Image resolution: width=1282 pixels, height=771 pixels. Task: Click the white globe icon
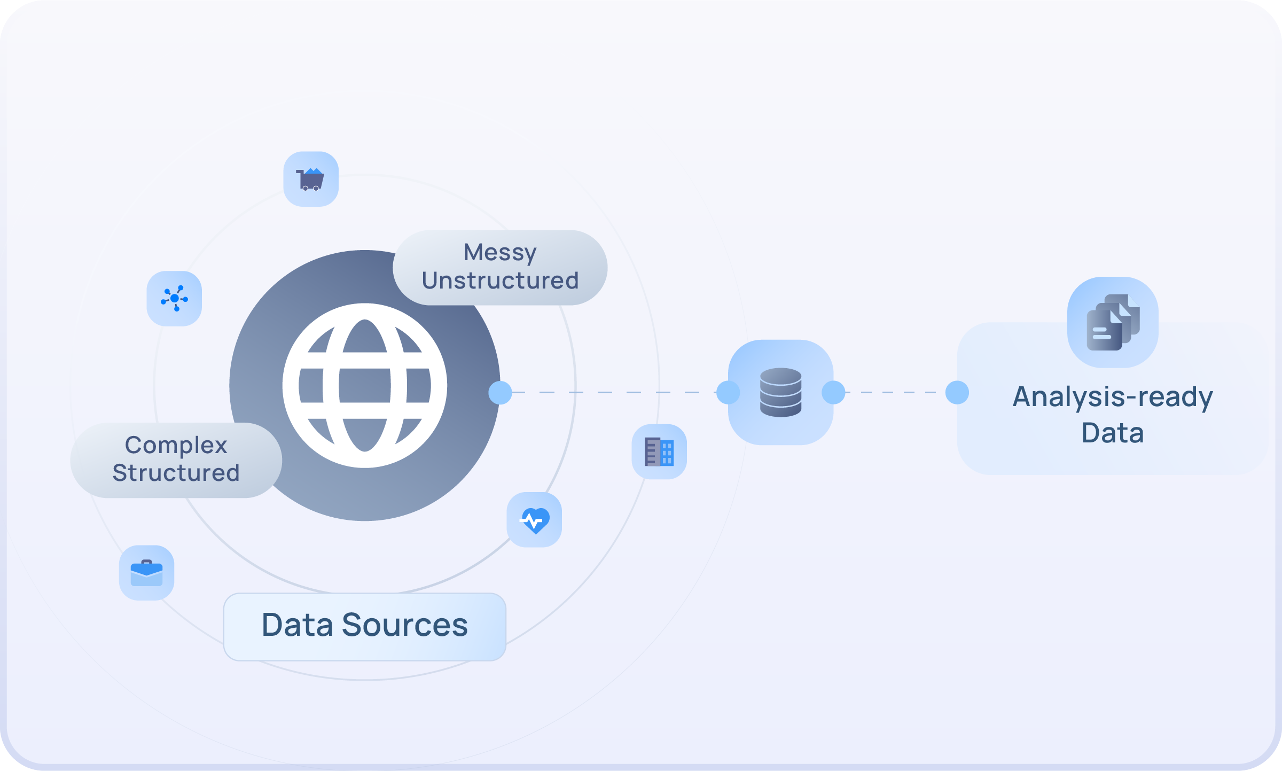[x=365, y=385]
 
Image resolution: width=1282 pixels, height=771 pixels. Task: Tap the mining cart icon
[x=311, y=180]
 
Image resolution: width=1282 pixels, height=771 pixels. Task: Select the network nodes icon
[x=174, y=299]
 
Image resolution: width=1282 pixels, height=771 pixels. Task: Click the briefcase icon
[x=146, y=573]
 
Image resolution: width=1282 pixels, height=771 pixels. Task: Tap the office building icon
[x=659, y=452]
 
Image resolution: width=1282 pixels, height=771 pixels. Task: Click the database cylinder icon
[x=780, y=393]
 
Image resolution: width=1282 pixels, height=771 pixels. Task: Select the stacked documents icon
[x=1113, y=322]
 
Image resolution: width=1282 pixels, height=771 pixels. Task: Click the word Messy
[x=500, y=253]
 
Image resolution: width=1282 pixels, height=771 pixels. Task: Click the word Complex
[x=176, y=445]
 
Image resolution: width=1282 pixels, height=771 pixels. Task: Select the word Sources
[x=404, y=625]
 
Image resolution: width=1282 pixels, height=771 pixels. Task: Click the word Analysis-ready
[x=1113, y=398]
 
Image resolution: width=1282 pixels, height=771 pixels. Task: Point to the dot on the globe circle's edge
[x=500, y=393]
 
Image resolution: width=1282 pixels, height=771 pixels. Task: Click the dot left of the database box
[x=728, y=393]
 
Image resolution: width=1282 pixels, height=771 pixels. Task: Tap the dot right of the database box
[x=833, y=393]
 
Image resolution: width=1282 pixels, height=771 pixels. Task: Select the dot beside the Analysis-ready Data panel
[x=957, y=393]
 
